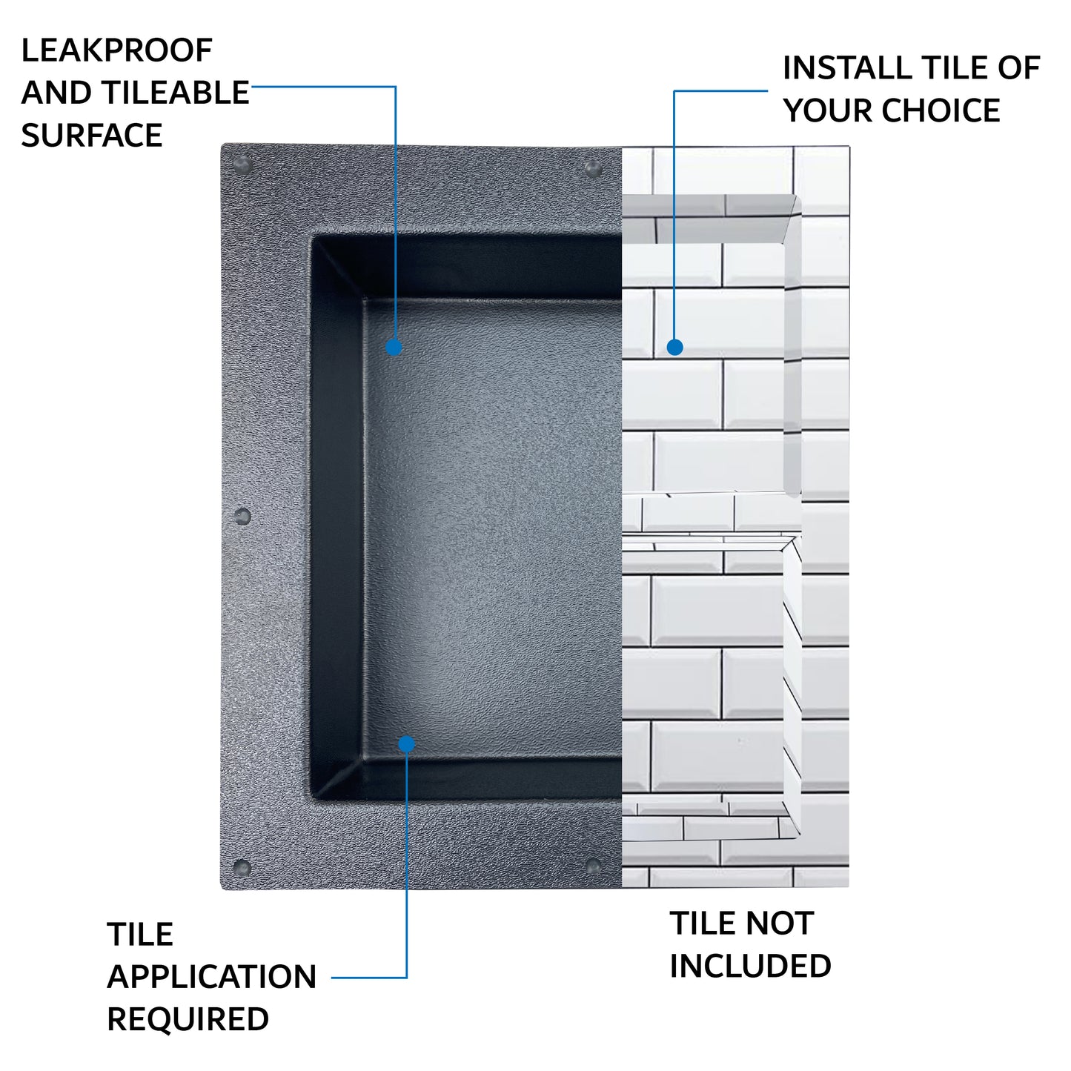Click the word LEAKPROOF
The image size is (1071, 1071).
[116, 50]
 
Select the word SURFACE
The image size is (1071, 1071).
[92, 135]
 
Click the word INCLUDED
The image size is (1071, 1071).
[750, 966]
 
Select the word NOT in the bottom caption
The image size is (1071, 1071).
[780, 924]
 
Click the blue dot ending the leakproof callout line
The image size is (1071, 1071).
[394, 348]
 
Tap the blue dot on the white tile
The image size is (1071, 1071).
[674, 348]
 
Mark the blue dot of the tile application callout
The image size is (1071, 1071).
[407, 744]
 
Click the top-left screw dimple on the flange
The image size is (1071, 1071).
[243, 165]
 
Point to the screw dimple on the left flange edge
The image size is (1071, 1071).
[242, 517]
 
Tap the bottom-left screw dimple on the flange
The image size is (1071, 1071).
[242, 868]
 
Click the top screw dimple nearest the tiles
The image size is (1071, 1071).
[593, 168]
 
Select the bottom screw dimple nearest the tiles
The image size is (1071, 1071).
[593, 865]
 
